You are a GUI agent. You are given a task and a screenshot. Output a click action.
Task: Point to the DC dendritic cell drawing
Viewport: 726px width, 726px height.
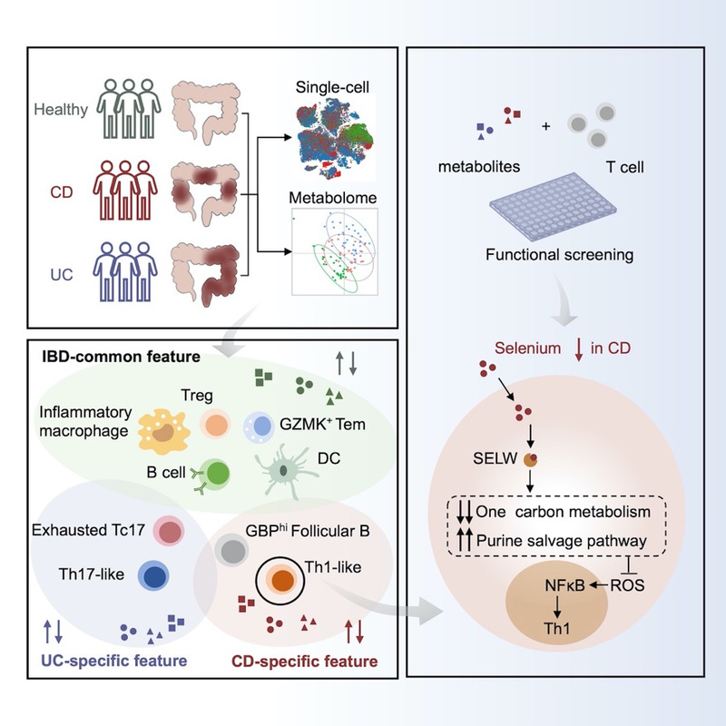[288, 471]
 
